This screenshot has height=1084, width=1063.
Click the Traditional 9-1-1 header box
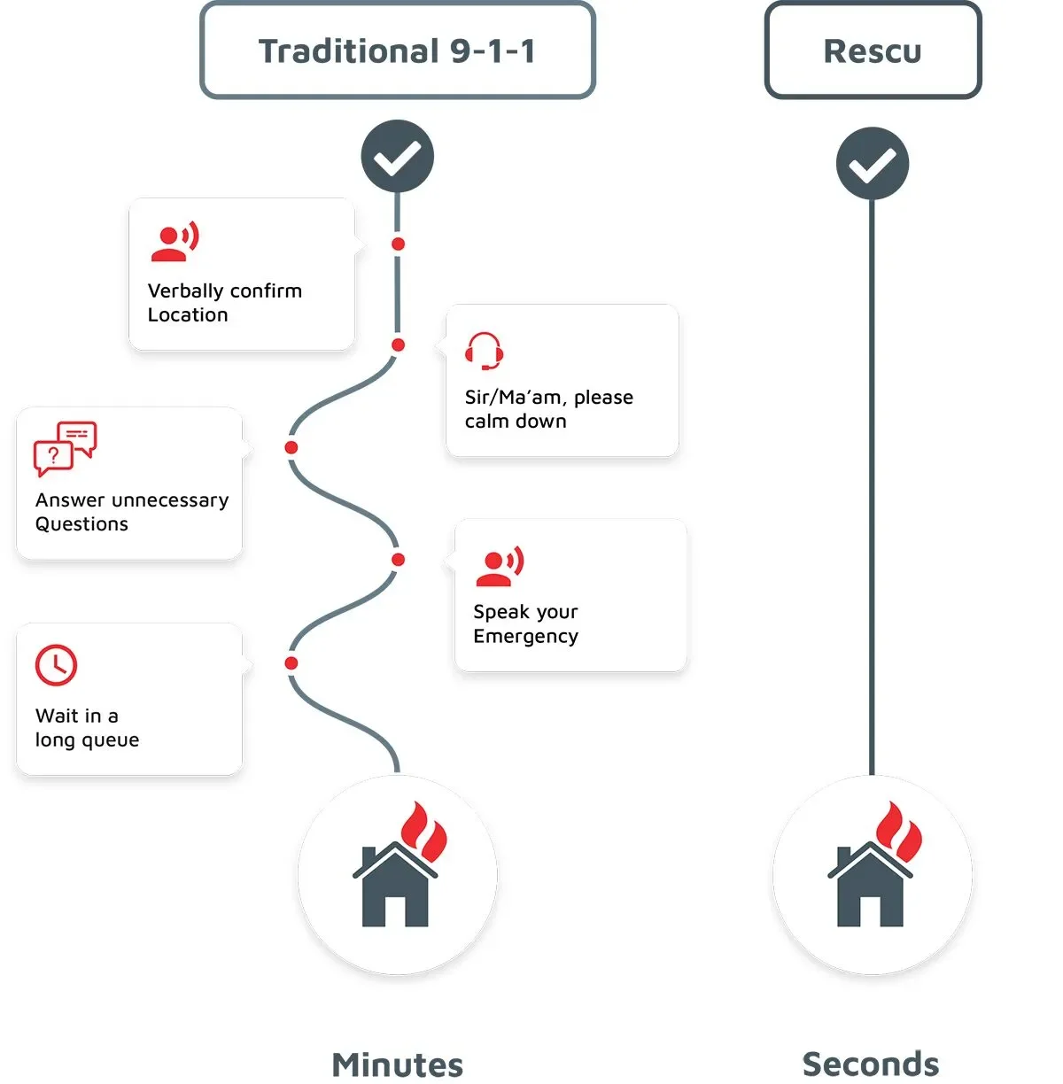[398, 50]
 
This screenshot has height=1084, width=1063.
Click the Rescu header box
[873, 50]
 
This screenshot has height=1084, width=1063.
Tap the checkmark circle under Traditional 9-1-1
[398, 157]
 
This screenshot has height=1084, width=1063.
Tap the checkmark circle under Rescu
[873, 164]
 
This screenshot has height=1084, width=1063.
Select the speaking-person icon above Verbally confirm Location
[175, 242]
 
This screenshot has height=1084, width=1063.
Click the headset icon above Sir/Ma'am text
[485, 351]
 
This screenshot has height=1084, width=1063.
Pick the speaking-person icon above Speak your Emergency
[500, 566]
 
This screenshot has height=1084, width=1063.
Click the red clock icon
[56, 665]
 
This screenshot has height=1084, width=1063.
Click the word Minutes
[398, 1065]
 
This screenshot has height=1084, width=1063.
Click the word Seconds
[871, 1064]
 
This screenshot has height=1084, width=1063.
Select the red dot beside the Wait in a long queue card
[291, 662]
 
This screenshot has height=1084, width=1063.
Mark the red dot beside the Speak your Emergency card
[398, 560]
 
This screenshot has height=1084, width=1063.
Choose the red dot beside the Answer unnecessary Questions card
[291, 447]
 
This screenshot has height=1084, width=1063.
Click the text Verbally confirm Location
[224, 303]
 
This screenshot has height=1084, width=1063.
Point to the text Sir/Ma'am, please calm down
[548, 409]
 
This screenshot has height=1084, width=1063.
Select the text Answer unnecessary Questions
[131, 512]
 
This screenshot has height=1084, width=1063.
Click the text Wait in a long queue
[87, 728]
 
